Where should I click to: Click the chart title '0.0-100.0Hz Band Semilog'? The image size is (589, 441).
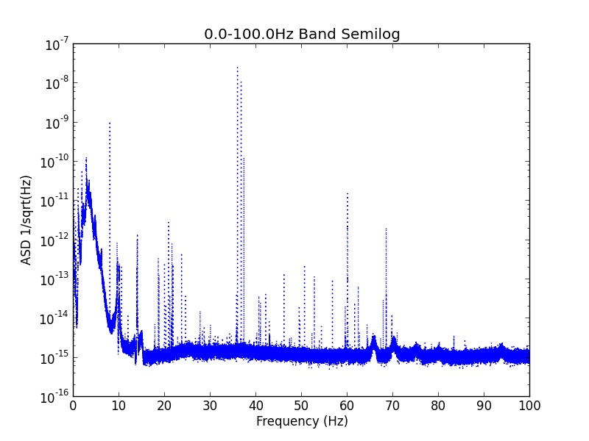click(302, 34)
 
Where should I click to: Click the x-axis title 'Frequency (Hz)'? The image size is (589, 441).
click(302, 421)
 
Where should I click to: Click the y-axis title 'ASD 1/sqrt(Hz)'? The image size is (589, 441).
click(26, 220)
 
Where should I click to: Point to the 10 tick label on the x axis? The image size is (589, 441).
click(119, 406)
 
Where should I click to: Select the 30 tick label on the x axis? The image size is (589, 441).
click(210, 406)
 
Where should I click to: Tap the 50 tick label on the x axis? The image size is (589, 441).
click(301, 406)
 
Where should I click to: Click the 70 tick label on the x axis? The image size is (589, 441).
click(392, 406)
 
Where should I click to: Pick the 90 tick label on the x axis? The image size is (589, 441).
click(484, 406)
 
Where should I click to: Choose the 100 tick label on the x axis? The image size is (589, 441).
click(529, 406)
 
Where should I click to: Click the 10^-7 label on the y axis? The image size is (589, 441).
click(57, 45)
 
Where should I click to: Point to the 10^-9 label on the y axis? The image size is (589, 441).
click(57, 123)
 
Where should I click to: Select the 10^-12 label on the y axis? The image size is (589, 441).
click(54, 240)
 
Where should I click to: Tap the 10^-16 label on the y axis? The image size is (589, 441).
click(54, 397)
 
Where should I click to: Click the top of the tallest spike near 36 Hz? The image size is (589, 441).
click(237, 68)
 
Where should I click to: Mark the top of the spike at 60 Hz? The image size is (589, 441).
click(348, 193)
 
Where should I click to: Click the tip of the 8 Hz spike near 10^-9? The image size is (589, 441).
click(110, 123)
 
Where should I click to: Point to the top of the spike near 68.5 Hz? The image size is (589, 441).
click(386, 229)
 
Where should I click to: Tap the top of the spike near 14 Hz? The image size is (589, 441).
click(137, 235)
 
